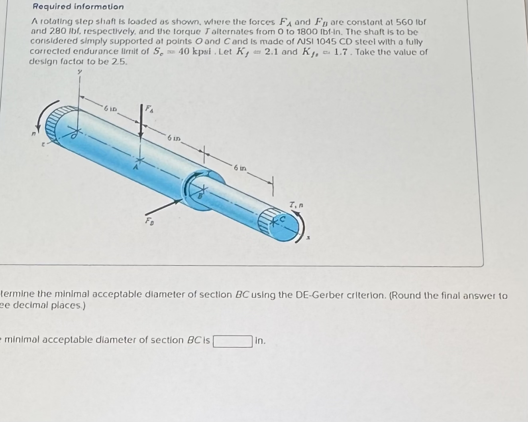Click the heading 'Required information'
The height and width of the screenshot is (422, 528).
pos(78,6)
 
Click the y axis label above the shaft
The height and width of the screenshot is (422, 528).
pos(79,72)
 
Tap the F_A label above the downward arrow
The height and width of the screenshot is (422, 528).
pos(148,108)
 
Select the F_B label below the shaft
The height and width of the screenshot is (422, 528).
pos(148,220)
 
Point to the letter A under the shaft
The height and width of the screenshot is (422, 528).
pos(135,168)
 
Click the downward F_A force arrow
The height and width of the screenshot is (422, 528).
pos(140,122)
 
